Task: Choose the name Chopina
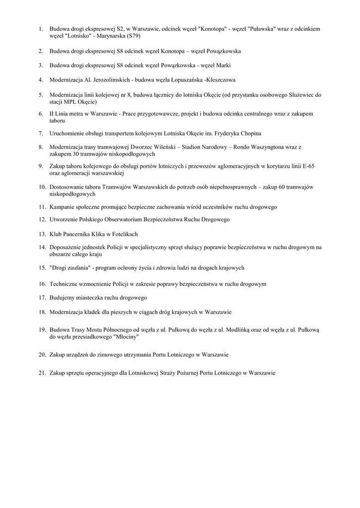point(250,133)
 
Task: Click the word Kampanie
point(63,206)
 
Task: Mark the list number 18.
point(42,312)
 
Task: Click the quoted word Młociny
point(126,336)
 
